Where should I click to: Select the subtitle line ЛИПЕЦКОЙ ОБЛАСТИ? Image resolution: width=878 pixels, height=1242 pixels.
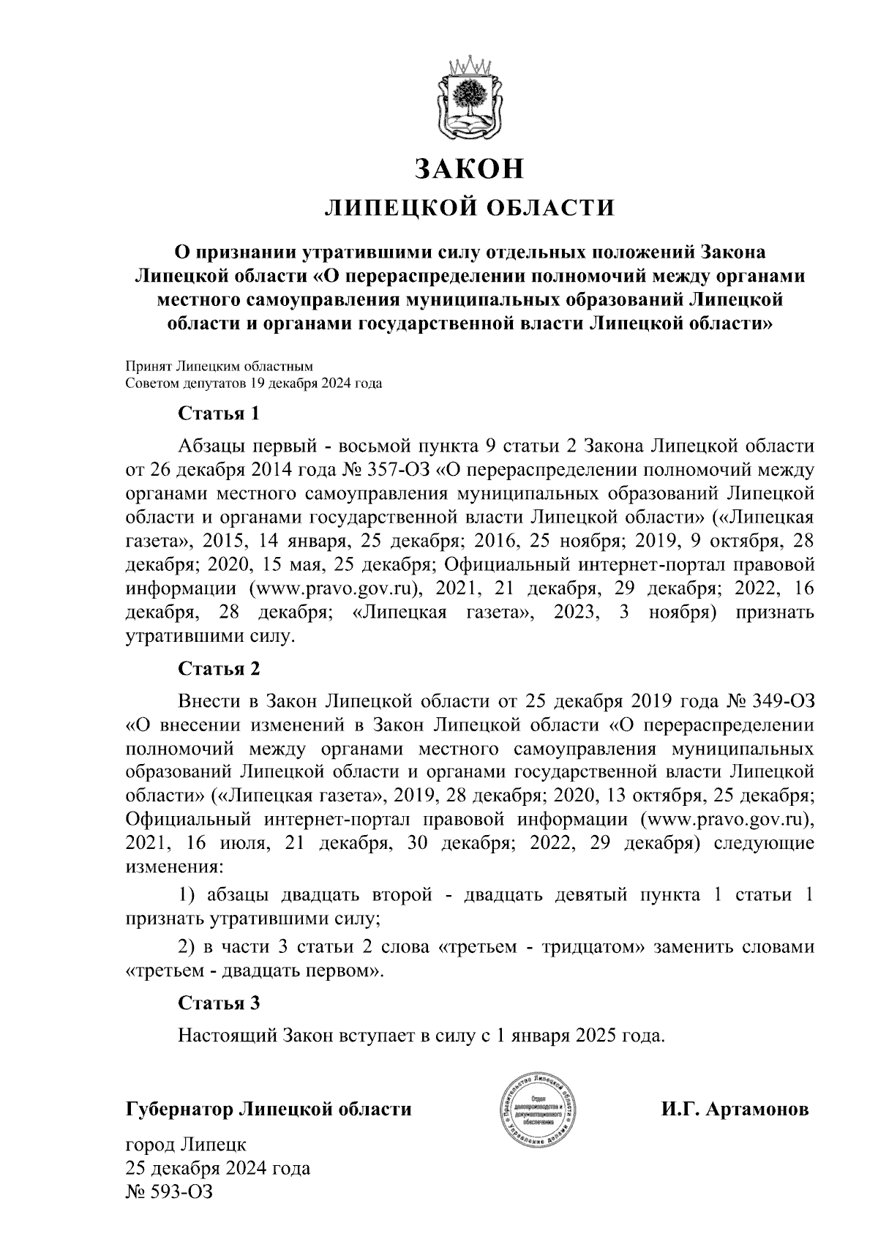tap(470, 208)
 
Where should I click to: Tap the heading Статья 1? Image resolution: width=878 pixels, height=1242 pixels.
tap(219, 414)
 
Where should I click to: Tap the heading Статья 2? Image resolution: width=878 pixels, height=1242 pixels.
tap(219, 669)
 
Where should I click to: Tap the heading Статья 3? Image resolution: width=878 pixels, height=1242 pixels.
tap(219, 1003)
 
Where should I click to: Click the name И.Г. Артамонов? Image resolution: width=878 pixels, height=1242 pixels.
tap(735, 1110)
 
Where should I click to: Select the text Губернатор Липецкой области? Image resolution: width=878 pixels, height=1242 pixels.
tap(269, 1110)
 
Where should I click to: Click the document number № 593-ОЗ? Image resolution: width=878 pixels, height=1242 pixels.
tap(169, 1192)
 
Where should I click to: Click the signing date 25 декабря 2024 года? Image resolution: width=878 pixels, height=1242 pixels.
tap(217, 1168)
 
